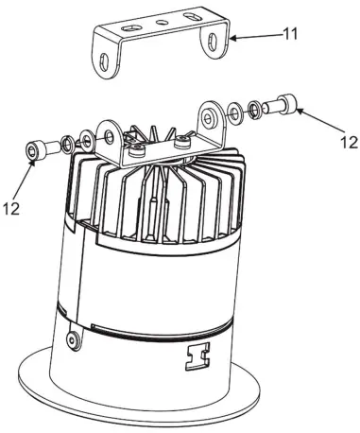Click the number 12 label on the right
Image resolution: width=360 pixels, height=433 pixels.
pyautogui.click(x=347, y=143)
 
